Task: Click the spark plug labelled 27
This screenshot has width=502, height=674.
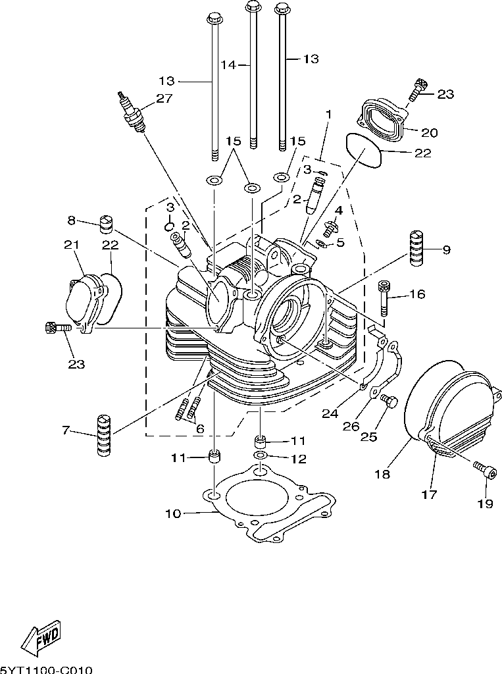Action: (131, 110)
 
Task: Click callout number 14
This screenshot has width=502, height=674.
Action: (229, 65)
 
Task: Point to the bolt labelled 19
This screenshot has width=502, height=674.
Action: (482, 469)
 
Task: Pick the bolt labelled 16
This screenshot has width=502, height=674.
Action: (384, 298)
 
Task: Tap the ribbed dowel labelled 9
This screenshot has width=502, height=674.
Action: (416, 248)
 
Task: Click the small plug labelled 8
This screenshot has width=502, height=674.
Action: (106, 224)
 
